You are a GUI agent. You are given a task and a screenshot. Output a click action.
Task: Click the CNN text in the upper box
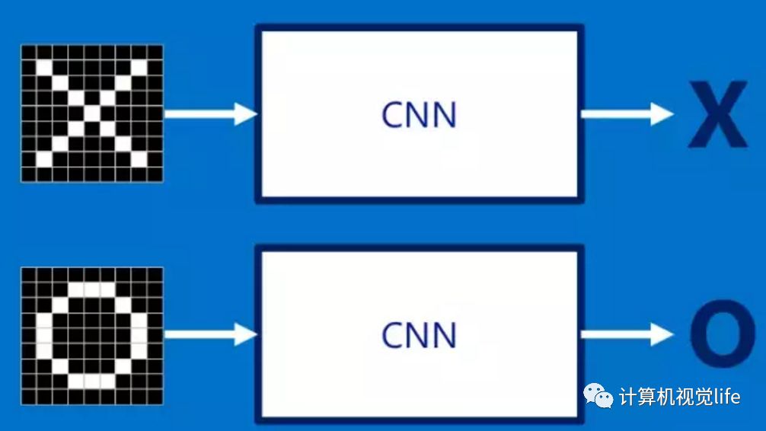pyautogui.click(x=419, y=115)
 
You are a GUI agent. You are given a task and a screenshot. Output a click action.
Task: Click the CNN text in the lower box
pyautogui.click(x=419, y=336)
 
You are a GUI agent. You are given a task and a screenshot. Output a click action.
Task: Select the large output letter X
pyautogui.click(x=717, y=115)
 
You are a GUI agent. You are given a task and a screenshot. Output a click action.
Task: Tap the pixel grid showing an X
pyautogui.click(x=91, y=113)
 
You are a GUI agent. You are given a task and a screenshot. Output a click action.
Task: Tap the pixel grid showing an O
pyautogui.click(x=91, y=335)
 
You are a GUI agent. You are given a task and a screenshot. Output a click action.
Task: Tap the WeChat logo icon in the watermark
pyautogui.click(x=598, y=394)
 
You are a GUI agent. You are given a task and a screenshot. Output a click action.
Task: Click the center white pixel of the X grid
pyautogui.click(x=91, y=113)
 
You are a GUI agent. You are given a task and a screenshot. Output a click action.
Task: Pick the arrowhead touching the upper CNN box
pyautogui.click(x=245, y=114)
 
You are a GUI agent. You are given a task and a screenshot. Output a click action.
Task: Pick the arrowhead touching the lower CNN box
pyautogui.click(x=245, y=334)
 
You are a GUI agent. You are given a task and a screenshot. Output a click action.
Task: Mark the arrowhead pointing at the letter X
pyautogui.click(x=661, y=114)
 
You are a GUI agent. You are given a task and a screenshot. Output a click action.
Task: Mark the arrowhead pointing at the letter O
pyautogui.click(x=661, y=334)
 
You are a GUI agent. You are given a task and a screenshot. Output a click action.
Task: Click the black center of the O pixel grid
pyautogui.click(x=91, y=335)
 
